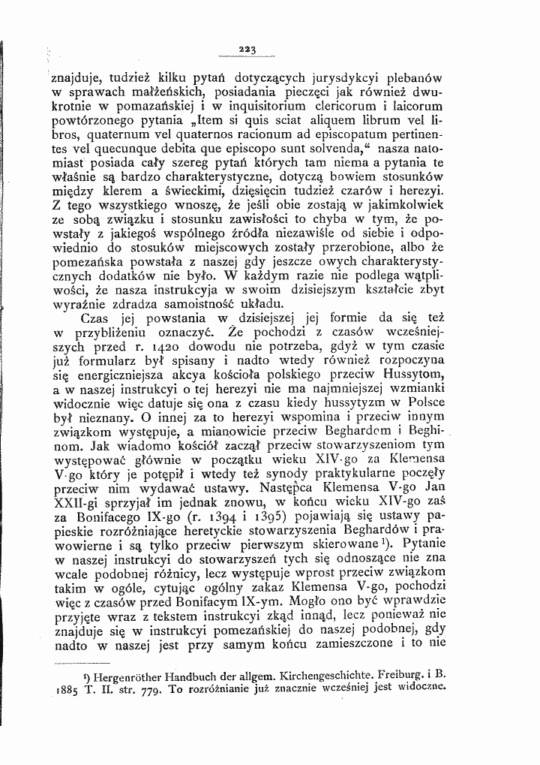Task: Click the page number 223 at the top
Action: point(247,50)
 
